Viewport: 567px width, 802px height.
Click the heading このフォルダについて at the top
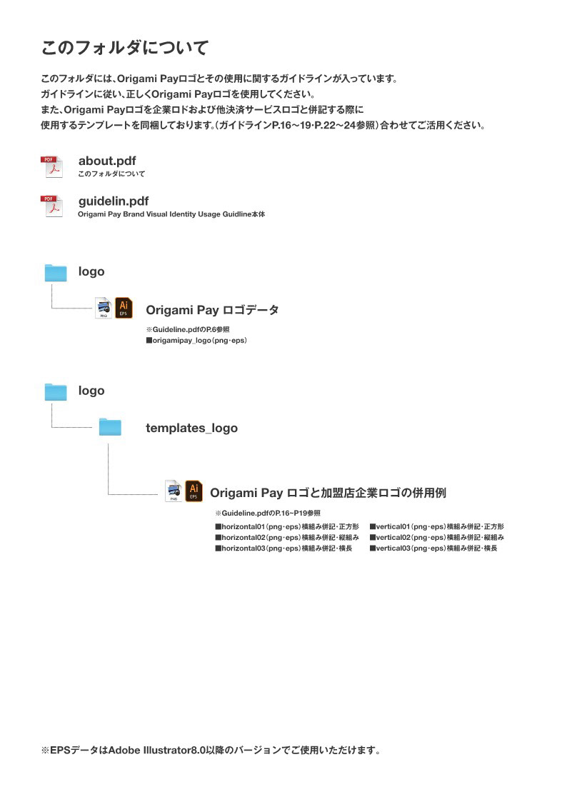tap(125, 48)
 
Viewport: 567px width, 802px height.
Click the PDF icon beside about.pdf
tap(51, 166)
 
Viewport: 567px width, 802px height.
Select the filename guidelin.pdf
tap(114, 201)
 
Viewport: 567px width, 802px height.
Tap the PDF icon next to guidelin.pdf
tap(51, 206)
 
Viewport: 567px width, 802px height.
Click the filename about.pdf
tap(107, 161)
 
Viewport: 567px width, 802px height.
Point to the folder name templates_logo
tap(191, 428)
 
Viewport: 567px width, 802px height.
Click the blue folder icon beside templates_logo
tap(110, 427)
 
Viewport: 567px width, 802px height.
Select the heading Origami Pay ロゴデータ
tap(212, 310)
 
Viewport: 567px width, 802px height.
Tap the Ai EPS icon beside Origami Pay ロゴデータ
tap(124, 308)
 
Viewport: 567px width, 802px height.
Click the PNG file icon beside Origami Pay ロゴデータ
tap(104, 308)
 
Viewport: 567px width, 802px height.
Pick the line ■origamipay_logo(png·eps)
tap(196, 341)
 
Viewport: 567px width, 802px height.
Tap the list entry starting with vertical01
tap(436, 526)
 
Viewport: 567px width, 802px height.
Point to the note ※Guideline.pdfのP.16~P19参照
tap(267, 513)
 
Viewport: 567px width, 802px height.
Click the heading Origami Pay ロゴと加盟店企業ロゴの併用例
tap(328, 493)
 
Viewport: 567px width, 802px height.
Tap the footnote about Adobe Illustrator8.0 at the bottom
tap(210, 751)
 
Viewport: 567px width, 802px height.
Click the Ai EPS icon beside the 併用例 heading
tap(194, 491)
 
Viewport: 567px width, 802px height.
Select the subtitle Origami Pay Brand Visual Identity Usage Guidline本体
tap(171, 214)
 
